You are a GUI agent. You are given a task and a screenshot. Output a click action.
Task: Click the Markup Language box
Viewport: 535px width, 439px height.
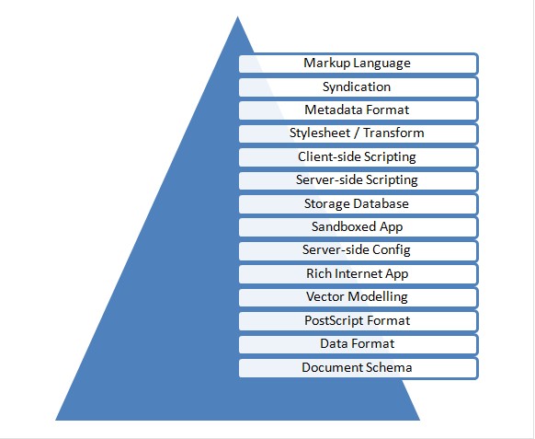click(x=359, y=64)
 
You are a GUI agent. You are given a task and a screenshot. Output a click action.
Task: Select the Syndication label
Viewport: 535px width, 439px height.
click(x=357, y=87)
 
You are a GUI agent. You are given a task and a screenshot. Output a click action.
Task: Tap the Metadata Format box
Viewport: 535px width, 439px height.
click(x=359, y=110)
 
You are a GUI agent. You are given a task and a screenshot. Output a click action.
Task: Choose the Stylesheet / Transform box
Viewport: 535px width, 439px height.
click(x=359, y=133)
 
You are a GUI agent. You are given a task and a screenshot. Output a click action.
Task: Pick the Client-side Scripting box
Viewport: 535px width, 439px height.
click(x=359, y=157)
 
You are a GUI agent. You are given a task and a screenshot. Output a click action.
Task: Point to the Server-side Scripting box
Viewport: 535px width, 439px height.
click(x=359, y=180)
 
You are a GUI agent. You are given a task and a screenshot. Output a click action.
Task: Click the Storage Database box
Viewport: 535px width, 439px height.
click(x=359, y=204)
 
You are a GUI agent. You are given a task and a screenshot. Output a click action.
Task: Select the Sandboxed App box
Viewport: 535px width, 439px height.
click(x=359, y=227)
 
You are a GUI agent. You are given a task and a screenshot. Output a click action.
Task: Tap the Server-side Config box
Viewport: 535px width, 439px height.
click(x=359, y=250)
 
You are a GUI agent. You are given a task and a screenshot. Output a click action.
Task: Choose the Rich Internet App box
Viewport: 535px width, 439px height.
click(x=359, y=274)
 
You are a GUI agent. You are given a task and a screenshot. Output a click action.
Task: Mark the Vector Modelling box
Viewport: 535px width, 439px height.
click(x=359, y=297)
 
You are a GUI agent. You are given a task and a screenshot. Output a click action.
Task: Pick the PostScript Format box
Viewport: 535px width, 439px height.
click(x=359, y=321)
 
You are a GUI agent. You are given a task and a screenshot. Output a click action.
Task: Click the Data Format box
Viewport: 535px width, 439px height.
click(x=359, y=344)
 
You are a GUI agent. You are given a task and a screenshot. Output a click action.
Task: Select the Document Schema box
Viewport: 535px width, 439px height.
click(x=359, y=368)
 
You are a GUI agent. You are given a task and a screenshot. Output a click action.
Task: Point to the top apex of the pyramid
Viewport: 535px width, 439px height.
click(x=237, y=17)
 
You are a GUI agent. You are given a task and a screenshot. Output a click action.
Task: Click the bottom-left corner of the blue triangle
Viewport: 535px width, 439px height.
click(x=56, y=421)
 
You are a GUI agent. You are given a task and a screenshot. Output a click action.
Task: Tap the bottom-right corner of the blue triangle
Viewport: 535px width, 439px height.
click(x=420, y=421)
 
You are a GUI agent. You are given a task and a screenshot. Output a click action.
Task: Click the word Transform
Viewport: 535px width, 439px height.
click(x=393, y=133)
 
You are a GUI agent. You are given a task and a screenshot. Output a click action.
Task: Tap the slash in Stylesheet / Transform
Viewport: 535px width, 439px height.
click(x=356, y=133)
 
